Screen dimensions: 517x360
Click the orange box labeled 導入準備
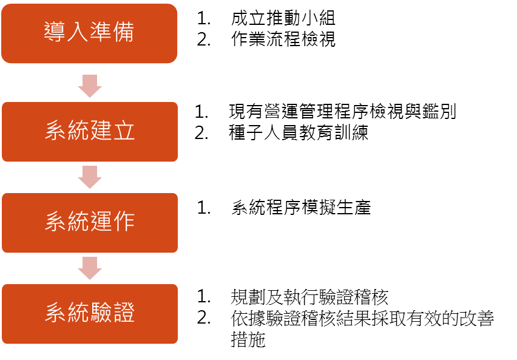coord(89,33)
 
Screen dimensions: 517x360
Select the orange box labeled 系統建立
coord(90,132)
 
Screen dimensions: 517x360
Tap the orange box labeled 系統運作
coord(90,223)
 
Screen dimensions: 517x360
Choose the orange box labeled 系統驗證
coord(90,314)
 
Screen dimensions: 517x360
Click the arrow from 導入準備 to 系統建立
coord(90,86)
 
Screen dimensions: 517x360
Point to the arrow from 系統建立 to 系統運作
coord(90,177)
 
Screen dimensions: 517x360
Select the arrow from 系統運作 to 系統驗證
coord(90,268)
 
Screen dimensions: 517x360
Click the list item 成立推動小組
coord(283,18)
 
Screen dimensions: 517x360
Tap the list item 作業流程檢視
coord(283,39)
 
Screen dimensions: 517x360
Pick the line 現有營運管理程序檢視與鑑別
coord(342,111)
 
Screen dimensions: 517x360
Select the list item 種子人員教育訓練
coord(299,133)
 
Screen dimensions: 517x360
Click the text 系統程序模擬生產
coord(301,208)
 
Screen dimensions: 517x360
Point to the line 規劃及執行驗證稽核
coord(309,297)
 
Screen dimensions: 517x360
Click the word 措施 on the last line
coord(248,339)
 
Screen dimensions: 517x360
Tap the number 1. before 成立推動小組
coord(204,18)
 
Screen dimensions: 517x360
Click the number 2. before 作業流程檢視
coord(204,39)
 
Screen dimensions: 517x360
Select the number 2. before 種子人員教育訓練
coord(201,133)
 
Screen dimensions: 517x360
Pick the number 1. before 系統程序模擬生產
coord(204,208)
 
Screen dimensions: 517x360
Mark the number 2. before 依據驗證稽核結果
coord(204,318)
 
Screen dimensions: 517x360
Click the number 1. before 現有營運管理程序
coord(201,112)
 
